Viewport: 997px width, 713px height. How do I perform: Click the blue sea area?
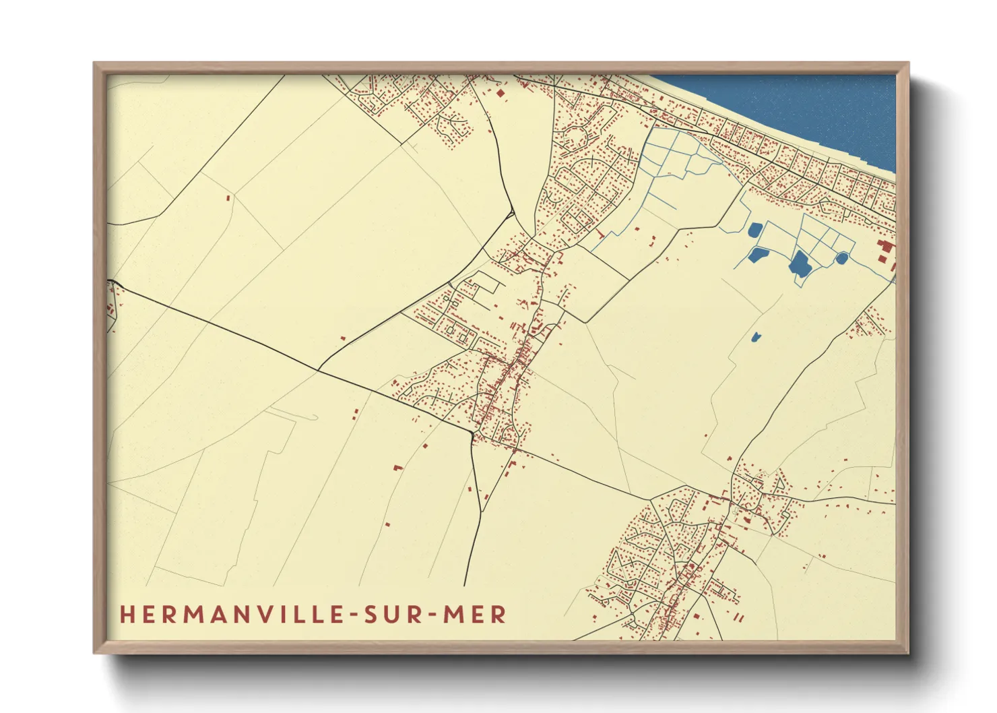tap(808, 108)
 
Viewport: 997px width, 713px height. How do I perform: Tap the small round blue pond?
tap(841, 257)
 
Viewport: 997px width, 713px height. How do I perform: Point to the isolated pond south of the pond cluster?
tap(755, 336)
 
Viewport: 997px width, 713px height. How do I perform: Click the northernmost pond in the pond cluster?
tap(754, 230)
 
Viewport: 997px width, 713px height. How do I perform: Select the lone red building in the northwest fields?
tap(228, 198)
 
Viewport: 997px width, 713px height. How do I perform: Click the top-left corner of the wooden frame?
tap(95, 64)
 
